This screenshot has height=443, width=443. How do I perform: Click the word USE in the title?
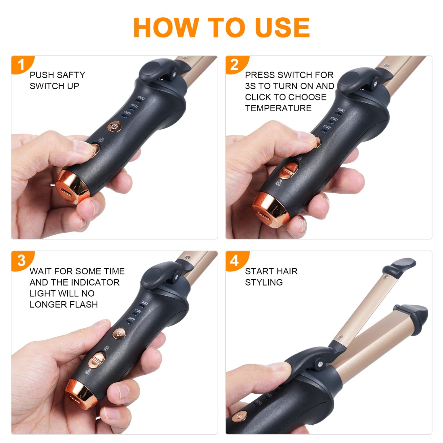282,27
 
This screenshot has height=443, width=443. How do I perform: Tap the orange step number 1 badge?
22,64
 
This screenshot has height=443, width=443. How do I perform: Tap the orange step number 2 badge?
235,64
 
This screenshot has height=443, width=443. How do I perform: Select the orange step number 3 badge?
22,260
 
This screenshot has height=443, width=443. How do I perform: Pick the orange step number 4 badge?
235,260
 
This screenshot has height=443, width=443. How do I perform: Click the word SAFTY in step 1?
70,75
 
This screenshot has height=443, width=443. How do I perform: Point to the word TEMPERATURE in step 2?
278,108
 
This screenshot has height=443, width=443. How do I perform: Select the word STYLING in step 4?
264,282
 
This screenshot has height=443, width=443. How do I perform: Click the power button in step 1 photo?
114,127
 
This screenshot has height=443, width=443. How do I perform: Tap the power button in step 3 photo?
119,333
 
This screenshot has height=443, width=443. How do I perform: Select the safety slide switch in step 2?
289,170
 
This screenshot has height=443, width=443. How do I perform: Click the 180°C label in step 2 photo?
341,110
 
